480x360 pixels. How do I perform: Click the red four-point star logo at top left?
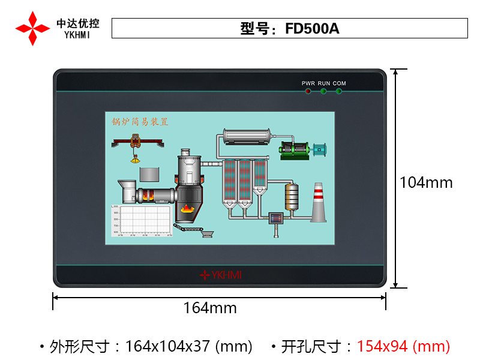(32, 28)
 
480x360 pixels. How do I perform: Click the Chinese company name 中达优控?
(78, 23)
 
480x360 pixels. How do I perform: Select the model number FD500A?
(313, 29)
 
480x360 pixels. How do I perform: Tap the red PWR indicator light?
(308, 91)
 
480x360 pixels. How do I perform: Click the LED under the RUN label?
(323, 91)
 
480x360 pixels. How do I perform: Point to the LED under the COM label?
(339, 91)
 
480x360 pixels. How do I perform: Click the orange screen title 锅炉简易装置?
(140, 122)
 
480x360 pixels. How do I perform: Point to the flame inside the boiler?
(188, 209)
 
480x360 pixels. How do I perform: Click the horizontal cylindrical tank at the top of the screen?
(248, 137)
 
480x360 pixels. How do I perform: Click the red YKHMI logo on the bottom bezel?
(220, 275)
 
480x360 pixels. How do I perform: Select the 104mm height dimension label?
(426, 182)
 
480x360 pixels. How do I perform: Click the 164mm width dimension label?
(210, 308)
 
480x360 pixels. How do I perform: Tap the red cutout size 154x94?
(382, 346)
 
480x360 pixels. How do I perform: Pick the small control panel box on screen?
(276, 219)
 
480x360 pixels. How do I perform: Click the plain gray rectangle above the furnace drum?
(149, 174)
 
